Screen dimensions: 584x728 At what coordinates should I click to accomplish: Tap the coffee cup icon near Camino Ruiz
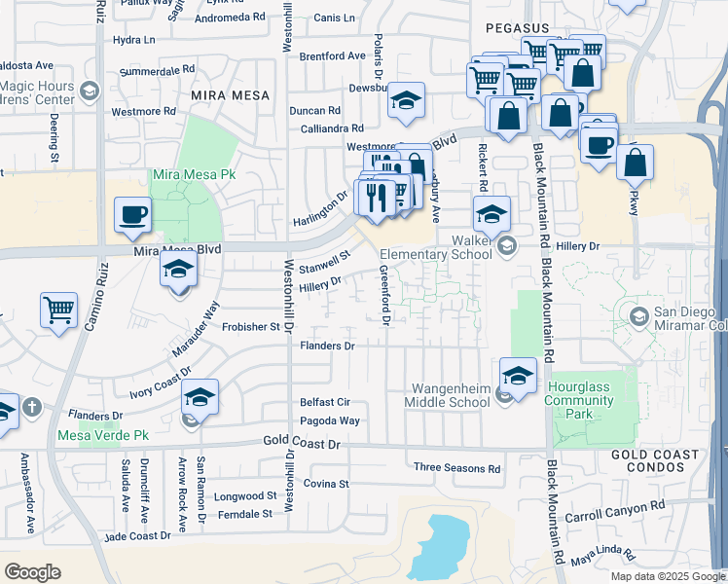[x=131, y=214]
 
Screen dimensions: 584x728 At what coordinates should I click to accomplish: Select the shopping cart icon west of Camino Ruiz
[x=58, y=310]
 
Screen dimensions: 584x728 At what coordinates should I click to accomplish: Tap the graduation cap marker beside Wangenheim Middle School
[x=518, y=375]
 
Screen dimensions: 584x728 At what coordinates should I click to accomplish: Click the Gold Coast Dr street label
[x=304, y=443]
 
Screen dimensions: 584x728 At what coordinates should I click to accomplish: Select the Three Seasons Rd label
[x=456, y=468]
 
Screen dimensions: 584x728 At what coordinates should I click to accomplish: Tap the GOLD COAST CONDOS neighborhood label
[x=654, y=462]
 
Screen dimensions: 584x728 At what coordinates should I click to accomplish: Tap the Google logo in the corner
[x=33, y=572]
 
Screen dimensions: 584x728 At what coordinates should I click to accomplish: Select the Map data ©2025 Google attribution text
[x=667, y=576]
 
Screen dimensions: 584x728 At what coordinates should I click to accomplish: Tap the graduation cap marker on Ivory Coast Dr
[x=200, y=397]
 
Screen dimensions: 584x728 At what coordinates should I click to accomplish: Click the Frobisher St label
[x=251, y=327]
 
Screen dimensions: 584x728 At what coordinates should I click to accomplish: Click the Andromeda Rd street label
[x=230, y=17]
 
